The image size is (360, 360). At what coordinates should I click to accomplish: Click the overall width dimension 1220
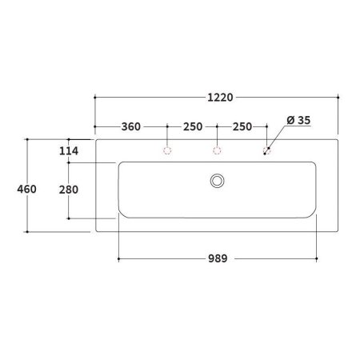(x=217, y=98)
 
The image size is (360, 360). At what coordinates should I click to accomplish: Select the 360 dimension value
(x=131, y=127)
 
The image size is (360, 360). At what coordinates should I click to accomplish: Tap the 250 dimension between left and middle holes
(x=192, y=127)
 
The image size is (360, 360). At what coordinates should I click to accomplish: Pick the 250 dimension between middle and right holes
(x=242, y=127)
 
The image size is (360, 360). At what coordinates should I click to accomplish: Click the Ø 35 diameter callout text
(x=298, y=119)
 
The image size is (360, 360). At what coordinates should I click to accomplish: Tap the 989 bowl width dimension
(x=218, y=258)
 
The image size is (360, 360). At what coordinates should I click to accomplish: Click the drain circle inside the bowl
(x=217, y=181)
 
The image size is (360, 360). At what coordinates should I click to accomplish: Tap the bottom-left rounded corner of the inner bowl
(x=123, y=212)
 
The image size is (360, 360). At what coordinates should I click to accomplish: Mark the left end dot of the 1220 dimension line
(x=95, y=98)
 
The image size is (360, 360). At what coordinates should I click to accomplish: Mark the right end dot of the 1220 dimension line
(x=339, y=98)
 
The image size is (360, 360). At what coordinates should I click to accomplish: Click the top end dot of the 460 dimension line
(x=28, y=138)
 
